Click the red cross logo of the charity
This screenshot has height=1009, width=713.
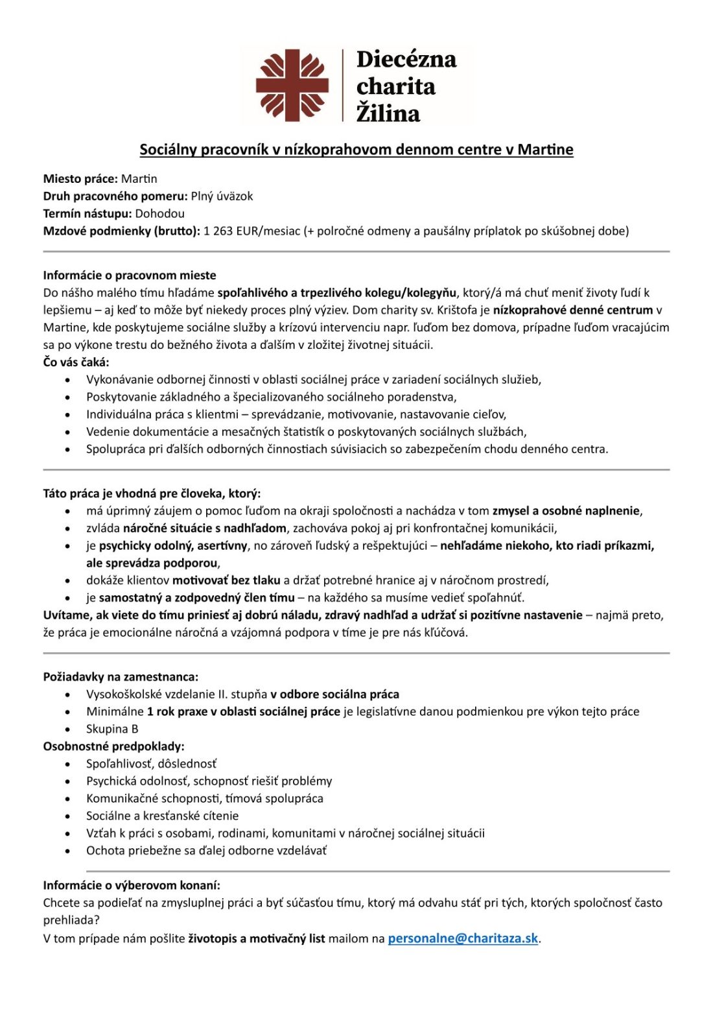292,85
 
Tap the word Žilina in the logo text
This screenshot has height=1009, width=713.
388,113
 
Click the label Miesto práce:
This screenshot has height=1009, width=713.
80,178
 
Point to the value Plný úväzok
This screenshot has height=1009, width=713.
222,196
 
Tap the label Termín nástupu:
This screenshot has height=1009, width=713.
88,213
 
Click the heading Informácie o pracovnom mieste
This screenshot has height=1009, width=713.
130,275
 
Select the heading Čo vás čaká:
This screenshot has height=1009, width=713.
76,362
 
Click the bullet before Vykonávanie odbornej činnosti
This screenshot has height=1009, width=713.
68,380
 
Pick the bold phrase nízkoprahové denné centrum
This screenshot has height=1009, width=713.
572,310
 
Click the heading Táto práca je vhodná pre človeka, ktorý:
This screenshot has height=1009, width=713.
152,493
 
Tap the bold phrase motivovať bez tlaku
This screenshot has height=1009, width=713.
226,580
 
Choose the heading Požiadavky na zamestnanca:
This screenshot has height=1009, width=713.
121,676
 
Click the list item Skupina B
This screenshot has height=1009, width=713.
112,729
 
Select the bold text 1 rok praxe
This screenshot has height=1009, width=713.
177,711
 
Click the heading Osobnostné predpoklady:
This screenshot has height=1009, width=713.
113,746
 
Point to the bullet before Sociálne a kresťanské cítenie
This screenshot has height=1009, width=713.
68,816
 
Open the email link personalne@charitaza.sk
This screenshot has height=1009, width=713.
463,938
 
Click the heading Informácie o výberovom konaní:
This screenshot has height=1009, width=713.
132,884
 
